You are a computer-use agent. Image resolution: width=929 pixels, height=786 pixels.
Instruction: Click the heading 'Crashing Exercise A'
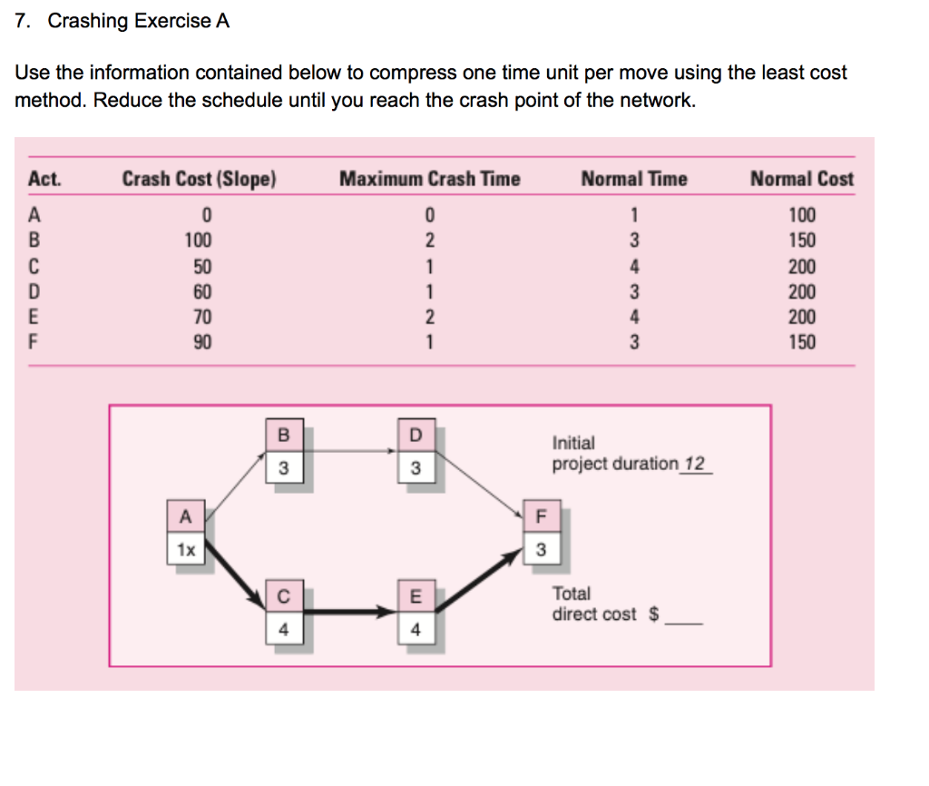tap(138, 21)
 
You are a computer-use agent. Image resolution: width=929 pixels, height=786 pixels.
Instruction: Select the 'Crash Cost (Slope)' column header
tap(199, 179)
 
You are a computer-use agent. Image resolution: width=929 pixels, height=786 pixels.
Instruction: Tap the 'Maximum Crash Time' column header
tap(429, 179)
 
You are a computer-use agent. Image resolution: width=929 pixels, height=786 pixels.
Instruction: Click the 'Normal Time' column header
tap(634, 179)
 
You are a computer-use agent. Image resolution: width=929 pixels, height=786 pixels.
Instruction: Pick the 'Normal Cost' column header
tap(801, 179)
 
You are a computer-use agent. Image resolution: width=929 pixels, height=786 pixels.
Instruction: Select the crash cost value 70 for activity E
tap(202, 317)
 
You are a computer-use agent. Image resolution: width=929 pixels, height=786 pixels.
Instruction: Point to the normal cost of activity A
tap(802, 215)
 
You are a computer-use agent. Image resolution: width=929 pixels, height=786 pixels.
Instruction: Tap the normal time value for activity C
tap(635, 266)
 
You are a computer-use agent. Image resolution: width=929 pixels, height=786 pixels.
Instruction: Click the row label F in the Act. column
tap(34, 342)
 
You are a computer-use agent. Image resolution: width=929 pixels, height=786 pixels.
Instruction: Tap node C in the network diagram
tap(283, 614)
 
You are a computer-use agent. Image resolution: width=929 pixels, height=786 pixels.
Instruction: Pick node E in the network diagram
tap(416, 614)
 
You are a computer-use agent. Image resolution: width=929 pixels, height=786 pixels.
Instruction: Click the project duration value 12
tap(694, 465)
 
